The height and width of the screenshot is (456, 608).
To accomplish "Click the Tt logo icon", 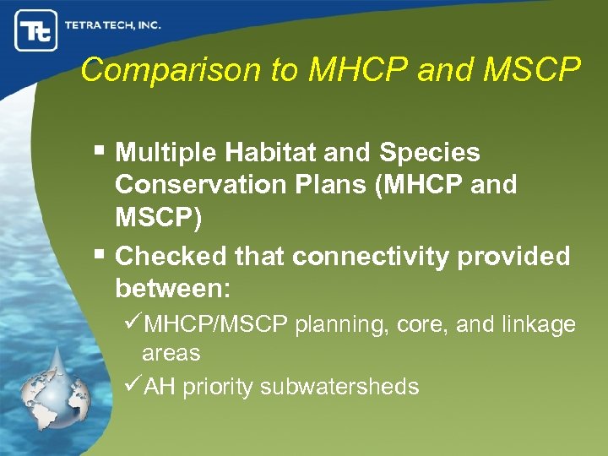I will pos(35,30).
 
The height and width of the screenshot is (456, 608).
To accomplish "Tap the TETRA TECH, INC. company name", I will pos(113,25).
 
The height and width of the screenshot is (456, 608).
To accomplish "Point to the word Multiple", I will pos(166,153).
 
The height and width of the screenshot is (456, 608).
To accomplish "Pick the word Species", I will pos(430,153).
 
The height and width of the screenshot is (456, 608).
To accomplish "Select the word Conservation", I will pos(200,184).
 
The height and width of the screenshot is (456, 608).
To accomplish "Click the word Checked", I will pos(171,256).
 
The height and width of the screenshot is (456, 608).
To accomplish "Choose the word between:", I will pos(172,287).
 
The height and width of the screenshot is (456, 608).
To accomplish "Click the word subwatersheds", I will pos(339,387).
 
